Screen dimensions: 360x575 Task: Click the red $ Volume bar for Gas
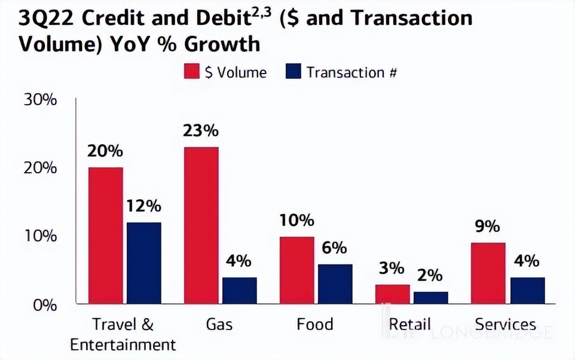[201, 225]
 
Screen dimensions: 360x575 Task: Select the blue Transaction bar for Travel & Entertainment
[143, 263]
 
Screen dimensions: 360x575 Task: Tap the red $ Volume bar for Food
[296, 270]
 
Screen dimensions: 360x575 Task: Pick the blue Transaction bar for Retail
[430, 298]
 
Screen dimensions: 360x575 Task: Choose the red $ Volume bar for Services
[488, 273]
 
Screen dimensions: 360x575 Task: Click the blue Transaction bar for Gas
[239, 291]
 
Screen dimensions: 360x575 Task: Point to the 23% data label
[201, 131]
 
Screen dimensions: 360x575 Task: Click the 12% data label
[143, 206]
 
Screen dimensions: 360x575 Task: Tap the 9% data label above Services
[488, 227]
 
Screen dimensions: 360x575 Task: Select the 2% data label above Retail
[430, 276]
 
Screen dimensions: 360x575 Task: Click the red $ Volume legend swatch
[191, 73]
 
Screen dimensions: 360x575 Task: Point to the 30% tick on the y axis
[40, 99]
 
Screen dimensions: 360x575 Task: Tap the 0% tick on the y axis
[44, 304]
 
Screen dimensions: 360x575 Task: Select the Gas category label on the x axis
[219, 325]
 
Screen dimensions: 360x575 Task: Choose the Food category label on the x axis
[314, 325]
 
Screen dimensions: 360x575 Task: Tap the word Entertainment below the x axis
[123, 345]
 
